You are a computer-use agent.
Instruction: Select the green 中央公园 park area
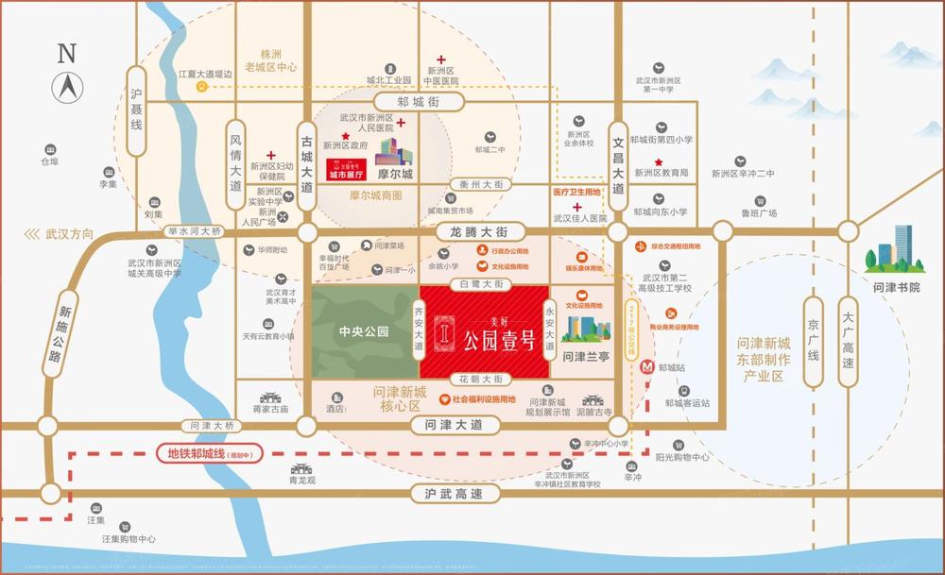point(365,333)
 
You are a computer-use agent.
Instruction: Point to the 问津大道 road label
point(448,426)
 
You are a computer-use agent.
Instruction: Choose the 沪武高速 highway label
point(447,494)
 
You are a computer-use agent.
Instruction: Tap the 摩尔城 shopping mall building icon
point(395,153)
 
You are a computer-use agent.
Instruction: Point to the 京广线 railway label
point(810,340)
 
